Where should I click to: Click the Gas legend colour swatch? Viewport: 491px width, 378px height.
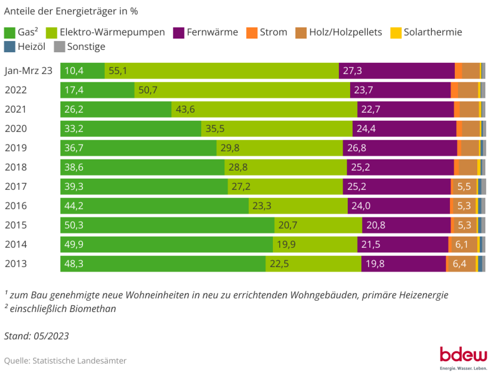[x=10, y=32]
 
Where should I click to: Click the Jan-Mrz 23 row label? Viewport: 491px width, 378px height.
[x=29, y=71]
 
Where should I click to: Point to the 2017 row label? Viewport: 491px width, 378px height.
[x=16, y=186]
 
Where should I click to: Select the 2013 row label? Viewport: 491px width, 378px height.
[x=16, y=263]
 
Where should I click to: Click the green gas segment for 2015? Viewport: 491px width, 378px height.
[x=167, y=225]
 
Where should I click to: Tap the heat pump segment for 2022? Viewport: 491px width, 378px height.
[x=242, y=90]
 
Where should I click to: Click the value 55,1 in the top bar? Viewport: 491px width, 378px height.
[x=118, y=71]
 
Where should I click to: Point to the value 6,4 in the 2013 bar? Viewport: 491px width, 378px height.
[x=460, y=263]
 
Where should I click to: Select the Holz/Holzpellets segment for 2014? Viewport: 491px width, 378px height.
[x=462, y=244]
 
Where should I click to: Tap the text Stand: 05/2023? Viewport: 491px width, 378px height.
[x=36, y=336]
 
